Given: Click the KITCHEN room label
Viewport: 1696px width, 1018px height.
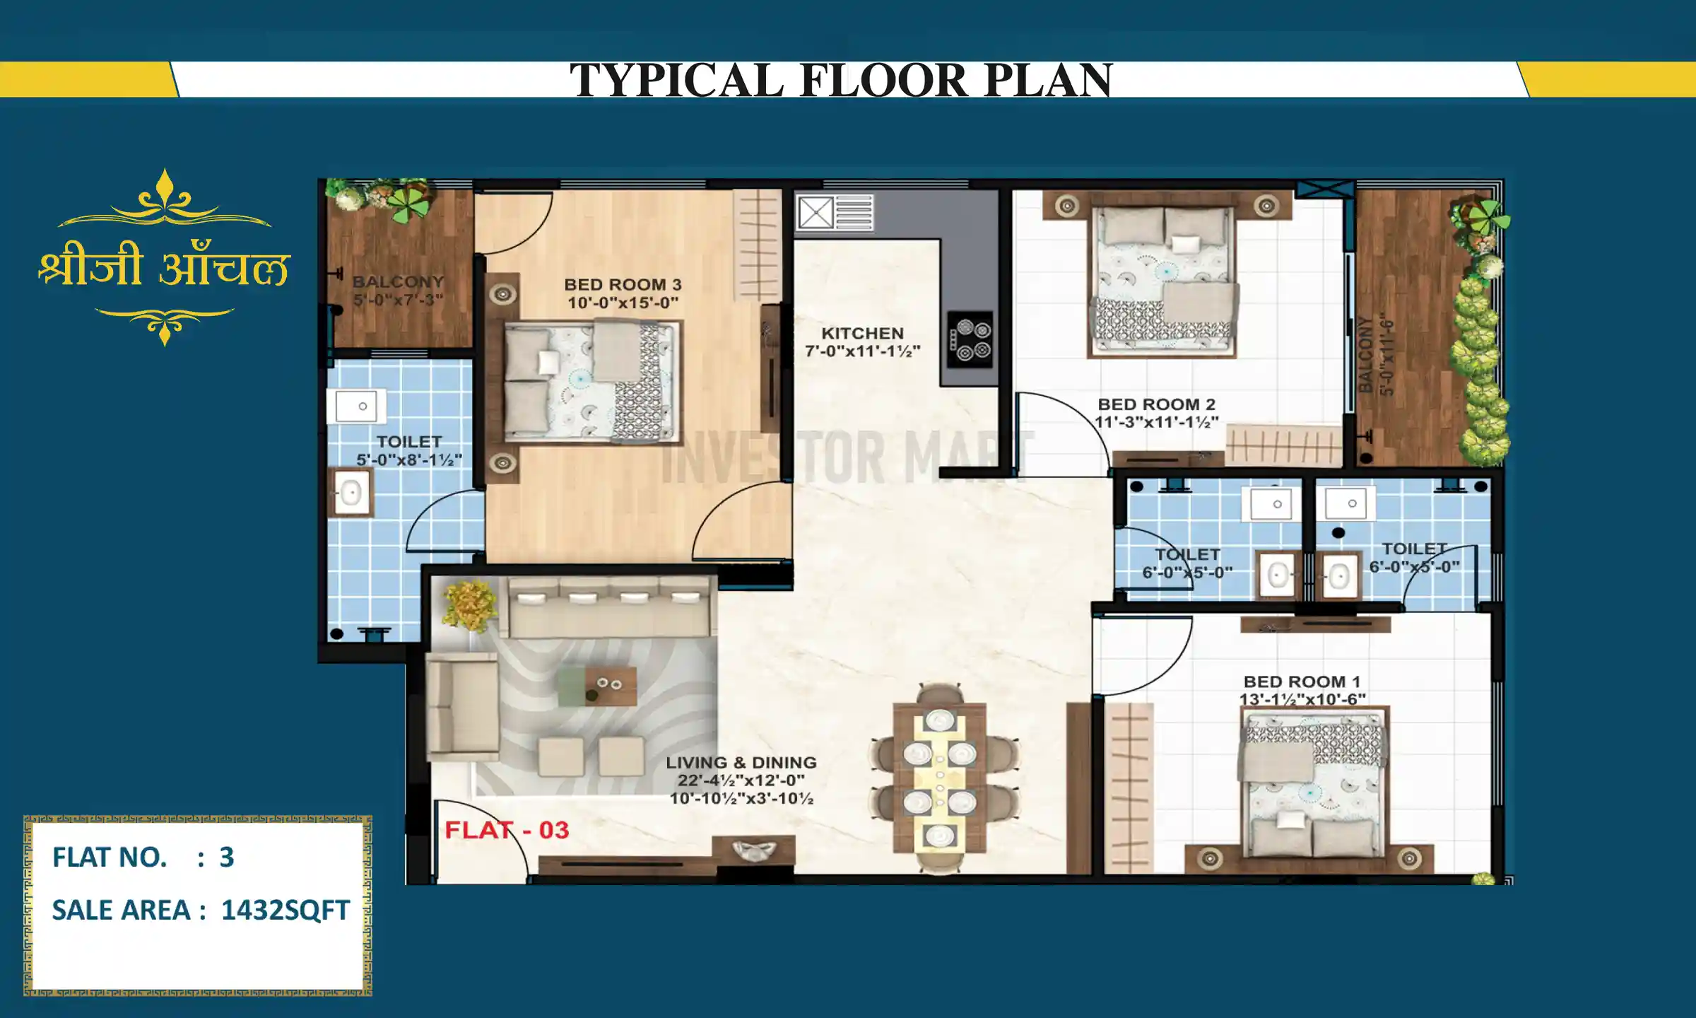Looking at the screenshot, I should [862, 334].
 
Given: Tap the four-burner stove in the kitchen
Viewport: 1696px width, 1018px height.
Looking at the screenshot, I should [970, 339].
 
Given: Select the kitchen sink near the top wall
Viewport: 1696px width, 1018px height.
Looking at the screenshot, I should [816, 213].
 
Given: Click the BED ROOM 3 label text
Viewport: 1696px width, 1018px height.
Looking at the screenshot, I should [623, 285].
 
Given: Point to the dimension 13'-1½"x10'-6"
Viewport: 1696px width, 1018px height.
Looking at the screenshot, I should [1302, 700].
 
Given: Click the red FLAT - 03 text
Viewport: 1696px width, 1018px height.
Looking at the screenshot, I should [507, 830].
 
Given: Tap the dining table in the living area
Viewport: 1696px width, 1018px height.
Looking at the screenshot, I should [939, 778].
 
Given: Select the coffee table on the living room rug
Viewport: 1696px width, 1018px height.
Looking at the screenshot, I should [597, 686].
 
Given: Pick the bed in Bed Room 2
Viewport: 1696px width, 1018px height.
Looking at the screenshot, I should [1162, 283].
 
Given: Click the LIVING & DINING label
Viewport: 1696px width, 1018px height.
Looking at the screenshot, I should [741, 763].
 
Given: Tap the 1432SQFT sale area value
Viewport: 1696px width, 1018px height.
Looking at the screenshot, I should [285, 911].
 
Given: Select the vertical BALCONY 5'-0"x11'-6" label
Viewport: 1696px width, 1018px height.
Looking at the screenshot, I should [1376, 355].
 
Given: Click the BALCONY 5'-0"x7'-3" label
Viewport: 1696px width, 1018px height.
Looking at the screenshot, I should [398, 291].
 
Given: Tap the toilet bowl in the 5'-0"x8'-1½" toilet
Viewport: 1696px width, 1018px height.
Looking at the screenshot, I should [351, 493].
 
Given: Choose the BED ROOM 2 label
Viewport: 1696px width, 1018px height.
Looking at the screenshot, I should [1156, 405].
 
